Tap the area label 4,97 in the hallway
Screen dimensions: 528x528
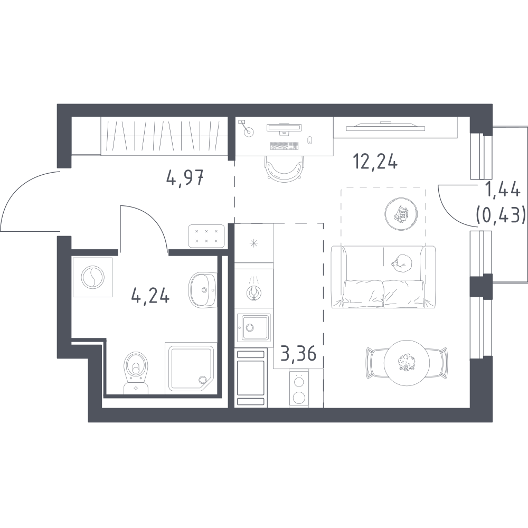click(x=185, y=177)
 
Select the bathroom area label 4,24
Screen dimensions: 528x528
click(x=150, y=296)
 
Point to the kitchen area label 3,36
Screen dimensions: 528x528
click(x=298, y=354)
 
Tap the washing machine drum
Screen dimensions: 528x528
click(x=92, y=277)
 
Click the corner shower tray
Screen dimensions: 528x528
click(x=190, y=368)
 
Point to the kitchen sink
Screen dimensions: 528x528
click(x=253, y=327)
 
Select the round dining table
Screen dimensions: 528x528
click(x=407, y=362)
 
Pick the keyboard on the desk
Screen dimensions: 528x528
click(x=284, y=146)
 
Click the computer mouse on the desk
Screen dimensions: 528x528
click(x=310, y=140)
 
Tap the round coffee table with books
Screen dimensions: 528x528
click(x=401, y=214)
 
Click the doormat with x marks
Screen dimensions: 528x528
click(x=206, y=236)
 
